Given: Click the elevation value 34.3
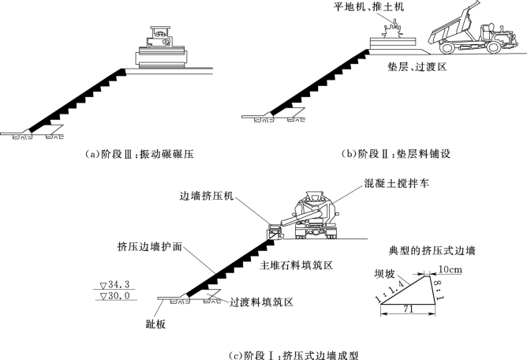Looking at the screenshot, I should [121, 283].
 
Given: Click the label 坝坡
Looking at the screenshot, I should [383, 274].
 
